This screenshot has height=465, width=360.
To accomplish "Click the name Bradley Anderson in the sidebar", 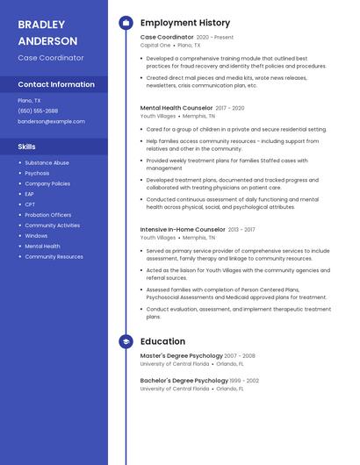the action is tap(47, 32).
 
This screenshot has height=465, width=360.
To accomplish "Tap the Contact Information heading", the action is tap(56, 84).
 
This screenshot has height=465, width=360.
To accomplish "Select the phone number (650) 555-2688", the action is tap(38, 111).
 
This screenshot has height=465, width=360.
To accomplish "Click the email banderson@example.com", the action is tap(51, 121).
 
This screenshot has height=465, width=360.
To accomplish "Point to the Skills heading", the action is tap(26, 147).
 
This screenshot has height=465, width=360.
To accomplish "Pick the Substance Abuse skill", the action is tap(47, 162).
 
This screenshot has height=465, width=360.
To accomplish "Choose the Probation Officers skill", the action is tap(48, 215).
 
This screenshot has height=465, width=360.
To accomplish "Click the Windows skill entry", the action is tap(36, 236).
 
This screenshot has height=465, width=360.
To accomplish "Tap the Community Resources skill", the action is tap(54, 257).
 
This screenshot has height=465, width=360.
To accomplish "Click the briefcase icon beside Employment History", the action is tap(126, 23).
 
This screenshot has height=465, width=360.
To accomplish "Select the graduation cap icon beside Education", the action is tap(126, 341).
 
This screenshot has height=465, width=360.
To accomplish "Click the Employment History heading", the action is tap(184, 23).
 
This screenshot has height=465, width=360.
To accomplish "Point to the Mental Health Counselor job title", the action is tap(176, 108).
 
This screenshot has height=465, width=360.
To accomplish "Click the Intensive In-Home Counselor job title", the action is tap(183, 229).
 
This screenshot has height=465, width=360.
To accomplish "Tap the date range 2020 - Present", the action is tap(215, 38).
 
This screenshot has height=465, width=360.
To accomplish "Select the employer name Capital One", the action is tap(155, 46).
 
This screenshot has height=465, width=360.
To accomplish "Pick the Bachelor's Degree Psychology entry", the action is tap(184, 380).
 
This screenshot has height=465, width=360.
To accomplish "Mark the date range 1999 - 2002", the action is tap(245, 381).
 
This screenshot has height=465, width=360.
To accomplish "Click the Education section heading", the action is tap(162, 341).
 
